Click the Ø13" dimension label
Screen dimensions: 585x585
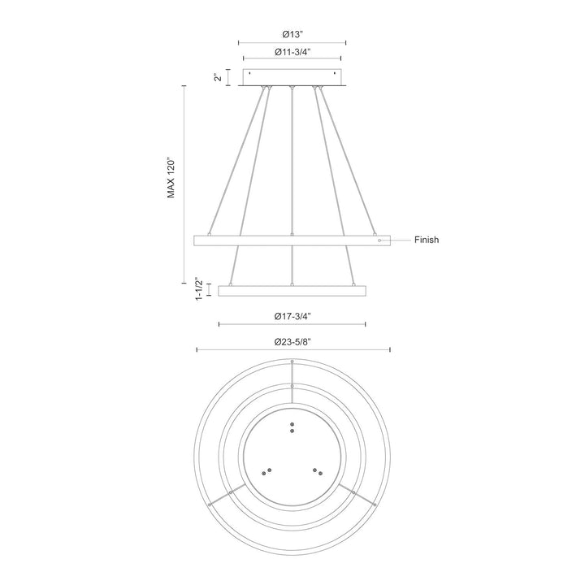292,34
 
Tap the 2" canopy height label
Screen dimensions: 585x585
217,77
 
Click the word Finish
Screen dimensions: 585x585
427,240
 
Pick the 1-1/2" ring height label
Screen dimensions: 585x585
198,289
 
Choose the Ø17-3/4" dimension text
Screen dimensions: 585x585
292,317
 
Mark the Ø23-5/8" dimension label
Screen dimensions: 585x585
292,343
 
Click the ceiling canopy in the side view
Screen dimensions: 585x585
292,77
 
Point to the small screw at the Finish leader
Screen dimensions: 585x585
379,240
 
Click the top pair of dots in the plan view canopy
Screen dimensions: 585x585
292,427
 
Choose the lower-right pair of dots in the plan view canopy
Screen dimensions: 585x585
318,471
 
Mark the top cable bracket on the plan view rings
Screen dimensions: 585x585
292,382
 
